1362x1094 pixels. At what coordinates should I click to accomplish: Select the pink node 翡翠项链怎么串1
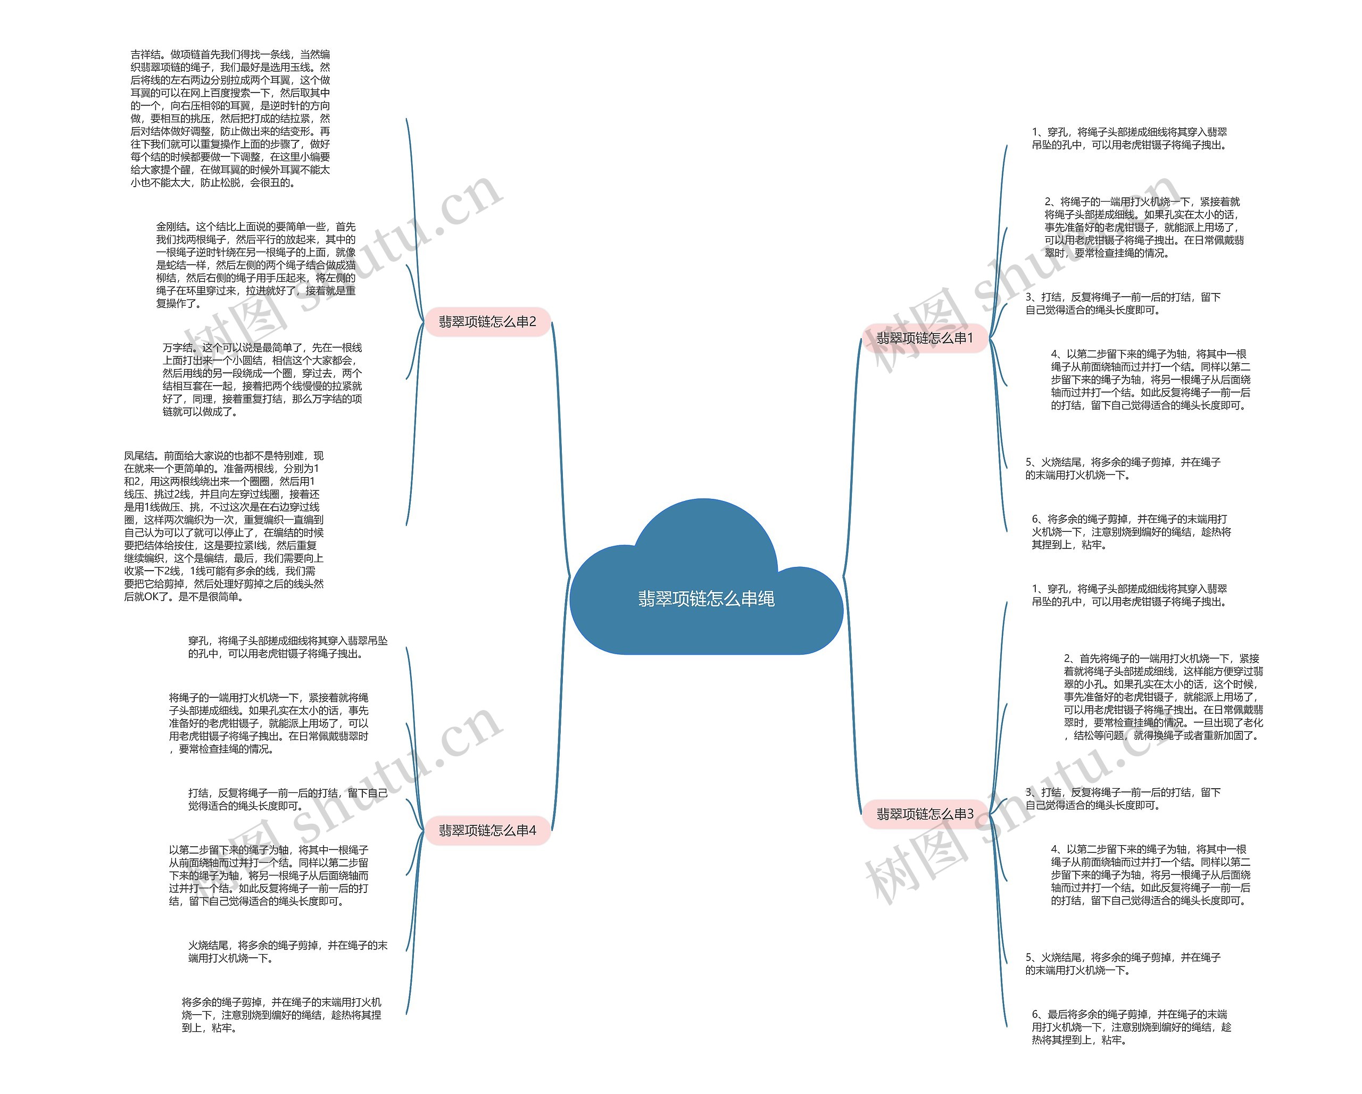[x=924, y=338]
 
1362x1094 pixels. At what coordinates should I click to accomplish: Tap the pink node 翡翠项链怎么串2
[x=487, y=322]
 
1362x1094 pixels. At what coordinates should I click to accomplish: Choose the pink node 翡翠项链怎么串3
[x=924, y=814]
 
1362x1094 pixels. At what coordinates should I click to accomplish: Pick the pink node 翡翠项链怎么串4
[x=487, y=830]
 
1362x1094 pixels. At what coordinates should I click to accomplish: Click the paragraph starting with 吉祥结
[x=230, y=119]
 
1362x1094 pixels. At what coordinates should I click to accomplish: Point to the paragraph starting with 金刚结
[x=256, y=265]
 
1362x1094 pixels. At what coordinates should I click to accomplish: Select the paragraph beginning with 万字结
[x=262, y=379]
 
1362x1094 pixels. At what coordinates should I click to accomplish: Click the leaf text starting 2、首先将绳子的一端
[x=1163, y=697]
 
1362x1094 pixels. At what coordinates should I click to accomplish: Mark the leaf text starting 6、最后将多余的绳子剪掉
[x=1131, y=1026]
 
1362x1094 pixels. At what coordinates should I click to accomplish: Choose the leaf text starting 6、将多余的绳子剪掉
[x=1131, y=531]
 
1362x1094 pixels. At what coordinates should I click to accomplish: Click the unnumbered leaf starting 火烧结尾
[x=287, y=951]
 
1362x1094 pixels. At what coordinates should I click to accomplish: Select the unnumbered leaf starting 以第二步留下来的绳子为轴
[x=269, y=875]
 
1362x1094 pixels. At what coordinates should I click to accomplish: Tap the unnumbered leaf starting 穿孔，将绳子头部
[x=287, y=647]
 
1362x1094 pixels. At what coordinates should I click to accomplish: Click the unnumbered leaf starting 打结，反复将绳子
[x=287, y=799]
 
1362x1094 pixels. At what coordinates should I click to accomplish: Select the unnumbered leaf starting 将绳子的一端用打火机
[x=269, y=723]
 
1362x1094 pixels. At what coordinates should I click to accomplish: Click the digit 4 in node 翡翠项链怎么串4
[x=532, y=830]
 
